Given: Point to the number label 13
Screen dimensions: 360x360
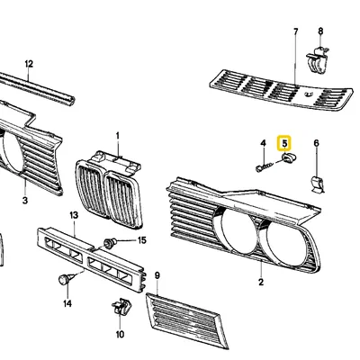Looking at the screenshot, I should point(74,217).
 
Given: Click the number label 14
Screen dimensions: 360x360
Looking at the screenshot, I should point(66,305).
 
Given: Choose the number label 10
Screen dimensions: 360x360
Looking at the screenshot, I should point(119,334).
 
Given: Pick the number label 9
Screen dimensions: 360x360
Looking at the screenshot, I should point(157,274).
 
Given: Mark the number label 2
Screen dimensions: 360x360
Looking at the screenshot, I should point(260,283).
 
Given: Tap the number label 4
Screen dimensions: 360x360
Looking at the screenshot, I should point(263,143).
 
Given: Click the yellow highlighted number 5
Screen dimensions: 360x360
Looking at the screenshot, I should point(285,142).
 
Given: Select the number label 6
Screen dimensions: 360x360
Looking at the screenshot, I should point(316,143).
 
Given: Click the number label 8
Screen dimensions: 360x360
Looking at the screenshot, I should point(320,31).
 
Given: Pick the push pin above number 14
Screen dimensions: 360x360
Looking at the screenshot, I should point(66,280).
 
